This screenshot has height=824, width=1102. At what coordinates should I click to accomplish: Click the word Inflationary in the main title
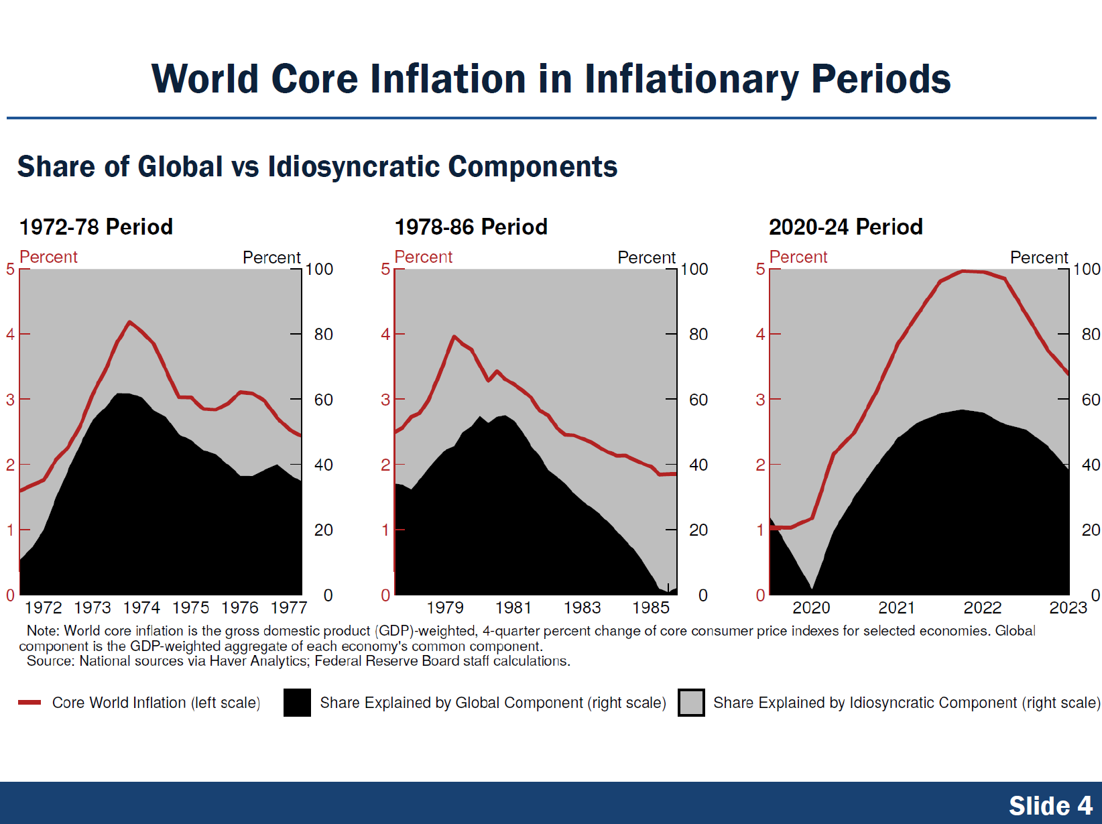(691, 80)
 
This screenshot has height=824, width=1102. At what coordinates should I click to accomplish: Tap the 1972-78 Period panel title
(96, 227)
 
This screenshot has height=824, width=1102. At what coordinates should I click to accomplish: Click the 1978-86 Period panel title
(471, 227)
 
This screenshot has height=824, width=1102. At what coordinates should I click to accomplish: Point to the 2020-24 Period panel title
(845, 227)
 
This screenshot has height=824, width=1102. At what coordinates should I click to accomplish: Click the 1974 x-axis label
(141, 608)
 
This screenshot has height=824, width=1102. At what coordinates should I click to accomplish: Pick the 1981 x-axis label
(513, 608)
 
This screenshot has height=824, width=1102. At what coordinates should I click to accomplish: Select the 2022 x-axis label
(982, 608)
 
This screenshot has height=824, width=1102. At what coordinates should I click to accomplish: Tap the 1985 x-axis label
(650, 608)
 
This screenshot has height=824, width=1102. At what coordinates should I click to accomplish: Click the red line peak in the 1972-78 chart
(130, 322)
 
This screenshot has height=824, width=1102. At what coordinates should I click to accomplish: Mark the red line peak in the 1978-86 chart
(454, 337)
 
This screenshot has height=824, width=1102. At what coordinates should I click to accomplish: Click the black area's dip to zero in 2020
(812, 589)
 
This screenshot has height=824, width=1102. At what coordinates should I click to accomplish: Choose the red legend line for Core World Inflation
(29, 703)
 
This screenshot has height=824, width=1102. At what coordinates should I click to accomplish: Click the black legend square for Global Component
(297, 703)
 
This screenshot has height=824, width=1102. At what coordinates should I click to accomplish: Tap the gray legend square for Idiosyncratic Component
(691, 703)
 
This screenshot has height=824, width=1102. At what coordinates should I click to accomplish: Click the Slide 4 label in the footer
(1050, 805)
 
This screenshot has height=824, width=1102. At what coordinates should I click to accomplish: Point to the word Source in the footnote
(50, 662)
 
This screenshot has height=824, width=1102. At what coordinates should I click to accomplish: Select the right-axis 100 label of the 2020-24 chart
(1087, 270)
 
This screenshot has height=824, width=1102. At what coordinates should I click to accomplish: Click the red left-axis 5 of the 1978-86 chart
(385, 270)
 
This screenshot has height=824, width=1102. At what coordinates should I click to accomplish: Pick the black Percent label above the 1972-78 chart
(271, 258)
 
